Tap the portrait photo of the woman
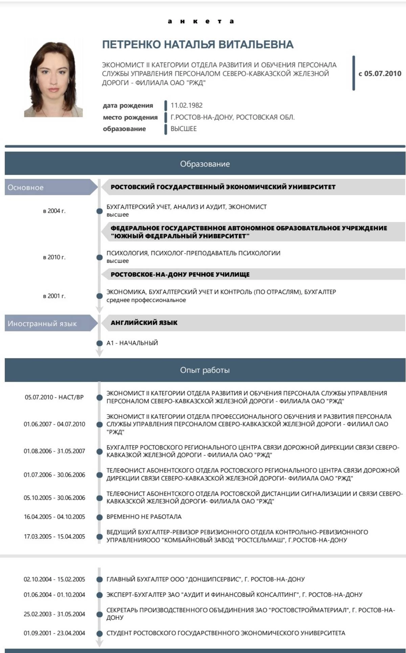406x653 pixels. coord(53,79)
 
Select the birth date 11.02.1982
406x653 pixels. coord(186,106)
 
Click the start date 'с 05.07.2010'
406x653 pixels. coord(380,74)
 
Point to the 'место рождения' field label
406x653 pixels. coord(130,117)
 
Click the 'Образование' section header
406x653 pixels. coord(205,164)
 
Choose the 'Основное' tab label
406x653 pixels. coord(26,188)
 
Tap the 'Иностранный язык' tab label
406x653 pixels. coord(42,324)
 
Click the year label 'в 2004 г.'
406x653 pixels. coord(54,211)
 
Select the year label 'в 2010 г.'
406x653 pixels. coord(54,257)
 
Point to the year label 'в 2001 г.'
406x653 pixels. coord(54,296)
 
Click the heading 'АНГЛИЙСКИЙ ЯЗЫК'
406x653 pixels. coord(144,323)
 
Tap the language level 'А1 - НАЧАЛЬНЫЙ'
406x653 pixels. coord(132,343)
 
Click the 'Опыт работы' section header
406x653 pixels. coord(205,370)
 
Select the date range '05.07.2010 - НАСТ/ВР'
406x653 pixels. coord(54,397)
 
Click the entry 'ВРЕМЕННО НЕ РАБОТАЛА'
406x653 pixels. coord(144,517)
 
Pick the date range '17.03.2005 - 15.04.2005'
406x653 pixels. coord(54,536)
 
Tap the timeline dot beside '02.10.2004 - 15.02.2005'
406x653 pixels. coord(99,579)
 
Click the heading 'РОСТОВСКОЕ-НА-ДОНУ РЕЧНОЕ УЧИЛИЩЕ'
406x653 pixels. coord(180,275)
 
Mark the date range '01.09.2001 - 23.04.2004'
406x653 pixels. coord(54,633)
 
